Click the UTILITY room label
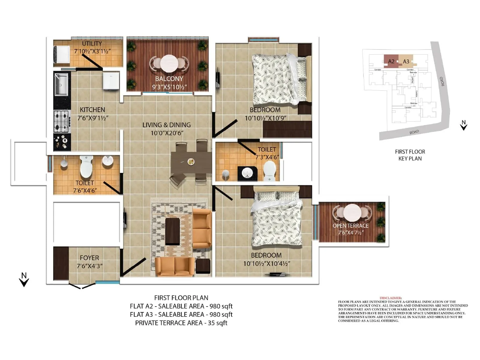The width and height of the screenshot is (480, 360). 92,44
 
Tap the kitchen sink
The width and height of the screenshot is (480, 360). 61,84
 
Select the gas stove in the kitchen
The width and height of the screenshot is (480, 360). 61,121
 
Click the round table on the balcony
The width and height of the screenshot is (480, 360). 169,63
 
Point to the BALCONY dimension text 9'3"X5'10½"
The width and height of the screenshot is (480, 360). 169,87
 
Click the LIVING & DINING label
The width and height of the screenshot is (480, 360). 166,125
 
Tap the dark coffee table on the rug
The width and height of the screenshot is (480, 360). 172,231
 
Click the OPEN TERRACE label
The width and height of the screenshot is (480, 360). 350,226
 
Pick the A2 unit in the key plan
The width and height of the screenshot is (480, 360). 391,61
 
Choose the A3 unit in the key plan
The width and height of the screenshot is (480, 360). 406,61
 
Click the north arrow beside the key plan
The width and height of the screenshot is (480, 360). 463,125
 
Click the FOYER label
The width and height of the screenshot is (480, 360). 89,258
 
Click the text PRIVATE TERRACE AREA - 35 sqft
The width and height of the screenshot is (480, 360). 181,323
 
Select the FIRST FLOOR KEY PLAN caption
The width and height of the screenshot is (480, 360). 410,155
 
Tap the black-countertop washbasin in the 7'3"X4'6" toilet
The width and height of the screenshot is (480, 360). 247,172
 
